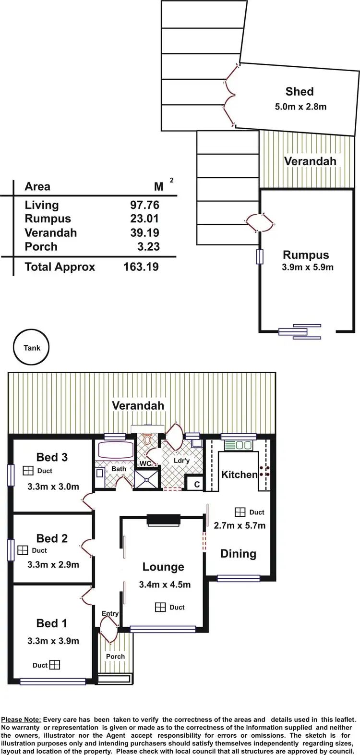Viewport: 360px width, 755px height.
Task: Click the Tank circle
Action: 32,348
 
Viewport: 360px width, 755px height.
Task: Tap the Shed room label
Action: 300,91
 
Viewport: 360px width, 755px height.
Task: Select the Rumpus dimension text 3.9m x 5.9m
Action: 307,267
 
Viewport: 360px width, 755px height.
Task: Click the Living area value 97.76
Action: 144,205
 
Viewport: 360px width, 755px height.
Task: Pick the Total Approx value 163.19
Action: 141,267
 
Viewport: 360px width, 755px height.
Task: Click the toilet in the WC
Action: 147,439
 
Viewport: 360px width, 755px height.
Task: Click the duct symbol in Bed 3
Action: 28,471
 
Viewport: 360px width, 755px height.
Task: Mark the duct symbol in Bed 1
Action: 55,665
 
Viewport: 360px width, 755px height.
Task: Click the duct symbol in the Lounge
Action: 160,608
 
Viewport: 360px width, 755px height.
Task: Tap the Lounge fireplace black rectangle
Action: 163,519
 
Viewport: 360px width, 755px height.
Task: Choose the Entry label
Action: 110,613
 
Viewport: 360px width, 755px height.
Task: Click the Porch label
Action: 115,656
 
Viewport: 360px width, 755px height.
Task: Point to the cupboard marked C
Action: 197,485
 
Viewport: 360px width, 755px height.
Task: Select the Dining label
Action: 238,554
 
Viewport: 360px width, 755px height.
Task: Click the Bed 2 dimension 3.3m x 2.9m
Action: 53,564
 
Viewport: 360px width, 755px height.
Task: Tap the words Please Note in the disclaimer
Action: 21,719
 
